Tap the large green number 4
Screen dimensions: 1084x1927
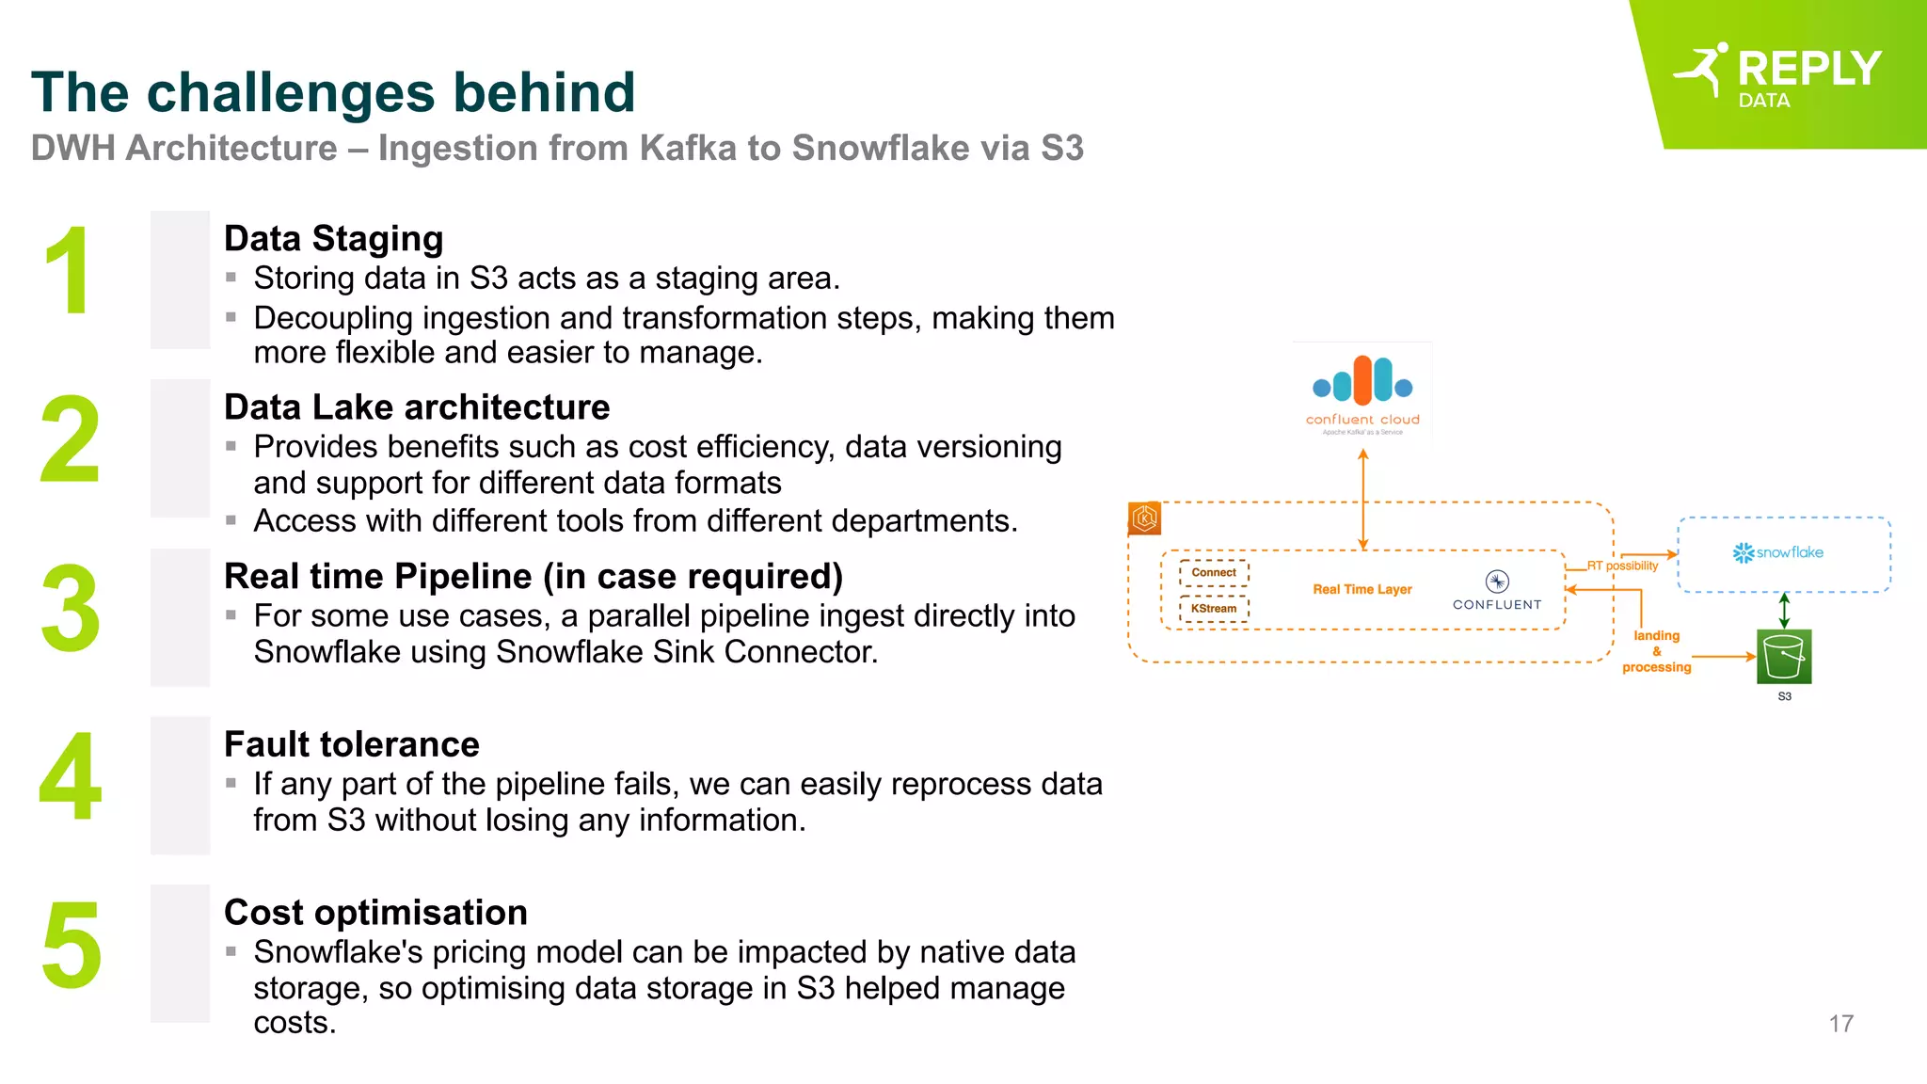pos(70,777)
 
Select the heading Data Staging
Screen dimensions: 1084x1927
pos(333,239)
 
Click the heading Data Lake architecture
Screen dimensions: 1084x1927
pos(417,407)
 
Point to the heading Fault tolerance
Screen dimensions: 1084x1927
pos(352,744)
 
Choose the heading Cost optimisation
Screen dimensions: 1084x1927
pos(375,913)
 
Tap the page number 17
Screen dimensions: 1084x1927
pos(1840,1024)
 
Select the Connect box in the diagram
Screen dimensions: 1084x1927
pos(1214,572)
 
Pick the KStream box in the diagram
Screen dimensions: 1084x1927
pos(1214,609)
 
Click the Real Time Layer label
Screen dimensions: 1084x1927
pos(1362,590)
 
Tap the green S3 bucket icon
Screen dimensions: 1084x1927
pos(1784,656)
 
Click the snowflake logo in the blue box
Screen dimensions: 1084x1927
pos(1777,552)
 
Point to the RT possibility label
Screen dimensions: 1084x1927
pos(1622,566)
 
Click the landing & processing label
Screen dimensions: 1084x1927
pos(1656,651)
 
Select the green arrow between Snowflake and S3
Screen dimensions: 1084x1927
pos(1784,611)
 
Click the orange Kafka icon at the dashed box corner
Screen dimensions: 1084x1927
pos(1144,518)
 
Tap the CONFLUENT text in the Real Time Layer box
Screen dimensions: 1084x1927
pos(1496,604)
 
